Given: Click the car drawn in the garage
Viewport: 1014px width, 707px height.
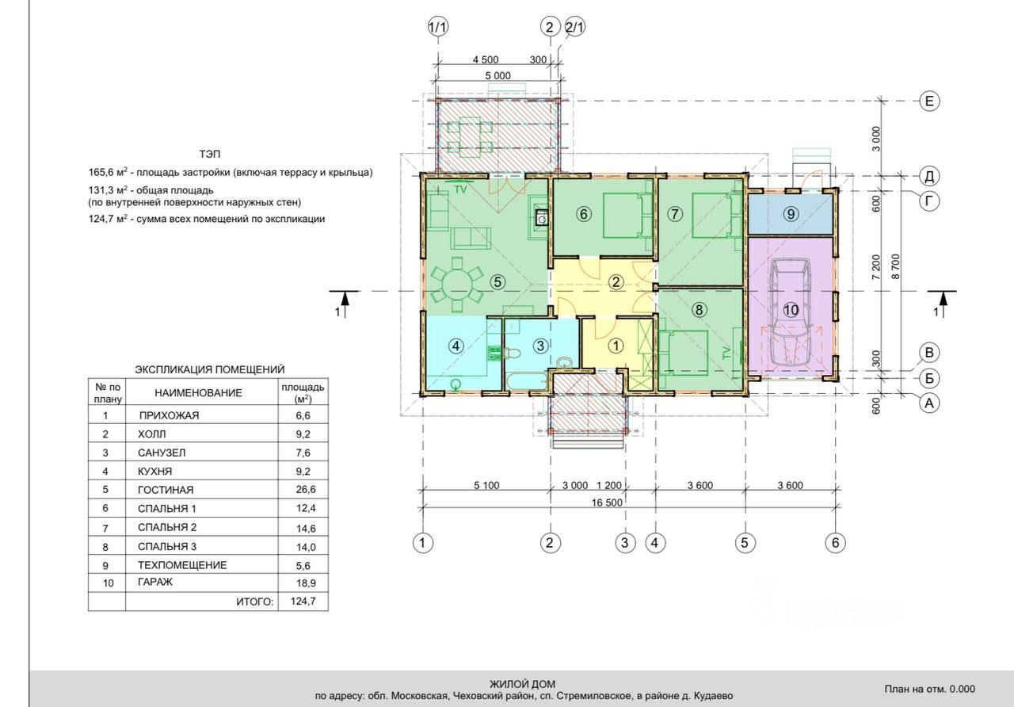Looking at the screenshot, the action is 791,311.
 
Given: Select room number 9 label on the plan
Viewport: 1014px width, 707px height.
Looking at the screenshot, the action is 791,214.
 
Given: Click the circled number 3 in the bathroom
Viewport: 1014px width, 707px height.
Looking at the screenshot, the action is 540,346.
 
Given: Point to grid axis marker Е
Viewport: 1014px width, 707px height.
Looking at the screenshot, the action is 929,101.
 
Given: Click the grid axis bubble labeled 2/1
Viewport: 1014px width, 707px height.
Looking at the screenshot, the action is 575,27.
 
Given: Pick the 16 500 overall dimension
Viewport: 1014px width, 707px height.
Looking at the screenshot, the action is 607,503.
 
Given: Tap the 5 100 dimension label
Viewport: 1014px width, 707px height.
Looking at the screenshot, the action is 486,486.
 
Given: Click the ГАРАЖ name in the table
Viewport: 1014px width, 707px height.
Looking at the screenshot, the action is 155,582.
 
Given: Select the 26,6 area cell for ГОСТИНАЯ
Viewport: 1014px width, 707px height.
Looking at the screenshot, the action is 306,490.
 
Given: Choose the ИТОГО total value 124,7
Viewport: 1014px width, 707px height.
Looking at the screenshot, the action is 303,602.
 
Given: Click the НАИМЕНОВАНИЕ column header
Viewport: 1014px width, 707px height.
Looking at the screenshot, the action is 198,392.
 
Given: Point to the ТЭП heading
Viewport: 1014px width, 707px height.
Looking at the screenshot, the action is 210,155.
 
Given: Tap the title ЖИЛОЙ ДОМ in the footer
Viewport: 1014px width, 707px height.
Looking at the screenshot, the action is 522,684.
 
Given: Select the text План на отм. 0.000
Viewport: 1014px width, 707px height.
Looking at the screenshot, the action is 930,689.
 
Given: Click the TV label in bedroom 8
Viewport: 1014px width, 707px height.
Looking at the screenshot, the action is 727,352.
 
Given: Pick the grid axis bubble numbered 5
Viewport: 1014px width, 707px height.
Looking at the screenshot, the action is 745,543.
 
